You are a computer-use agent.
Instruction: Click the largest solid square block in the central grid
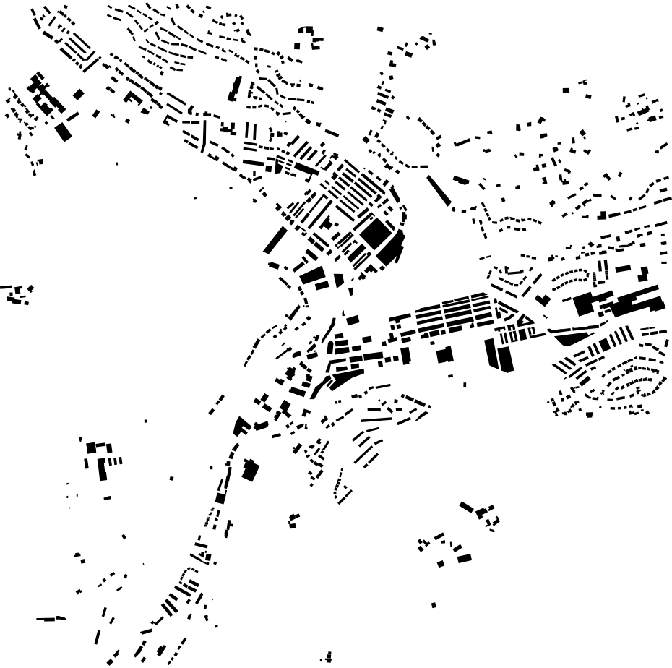(x=375, y=234)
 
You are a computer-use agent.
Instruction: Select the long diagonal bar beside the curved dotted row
(x=439, y=189)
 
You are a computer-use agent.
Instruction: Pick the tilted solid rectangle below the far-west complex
(x=64, y=131)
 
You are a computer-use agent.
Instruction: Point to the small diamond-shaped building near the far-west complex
(x=79, y=94)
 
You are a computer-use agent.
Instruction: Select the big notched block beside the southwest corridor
(x=250, y=470)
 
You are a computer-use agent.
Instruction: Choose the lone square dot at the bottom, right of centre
(x=434, y=605)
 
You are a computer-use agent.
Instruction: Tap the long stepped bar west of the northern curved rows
(x=234, y=88)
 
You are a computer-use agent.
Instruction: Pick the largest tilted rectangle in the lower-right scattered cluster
(x=464, y=558)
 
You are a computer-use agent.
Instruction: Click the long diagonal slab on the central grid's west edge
(x=275, y=240)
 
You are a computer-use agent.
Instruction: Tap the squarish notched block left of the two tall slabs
(x=444, y=355)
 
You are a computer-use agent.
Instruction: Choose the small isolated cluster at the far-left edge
(x=18, y=294)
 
